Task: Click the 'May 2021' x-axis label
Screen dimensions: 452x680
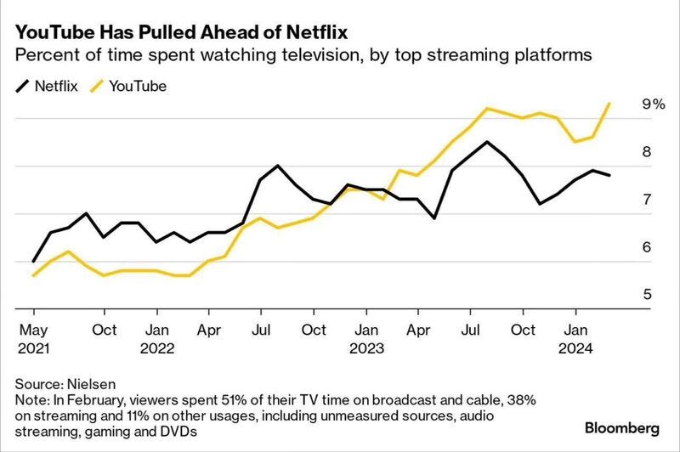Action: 34,338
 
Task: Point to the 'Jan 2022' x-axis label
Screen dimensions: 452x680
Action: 156,338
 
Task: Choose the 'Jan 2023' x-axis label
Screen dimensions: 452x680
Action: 366,338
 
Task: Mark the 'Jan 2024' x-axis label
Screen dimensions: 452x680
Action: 576,338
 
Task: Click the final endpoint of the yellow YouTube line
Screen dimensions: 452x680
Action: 609,104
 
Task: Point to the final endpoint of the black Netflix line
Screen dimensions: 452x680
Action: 609,175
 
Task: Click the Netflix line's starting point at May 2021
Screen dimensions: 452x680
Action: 33,262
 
